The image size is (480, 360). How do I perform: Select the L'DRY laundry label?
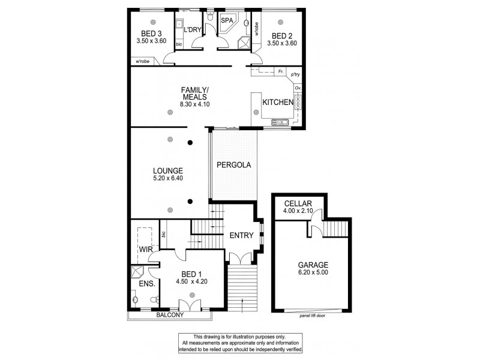pos(192,29)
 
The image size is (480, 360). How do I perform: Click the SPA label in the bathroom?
pos(227,20)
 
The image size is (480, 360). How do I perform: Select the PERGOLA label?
pos(233,164)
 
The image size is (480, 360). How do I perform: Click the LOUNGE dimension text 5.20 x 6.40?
pos(167,178)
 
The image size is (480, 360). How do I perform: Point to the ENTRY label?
pos(241,235)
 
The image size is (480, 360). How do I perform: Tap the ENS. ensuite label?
pos(147,283)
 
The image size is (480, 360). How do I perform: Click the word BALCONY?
pos(170,314)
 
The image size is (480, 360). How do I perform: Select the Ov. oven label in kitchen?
pos(297,88)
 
